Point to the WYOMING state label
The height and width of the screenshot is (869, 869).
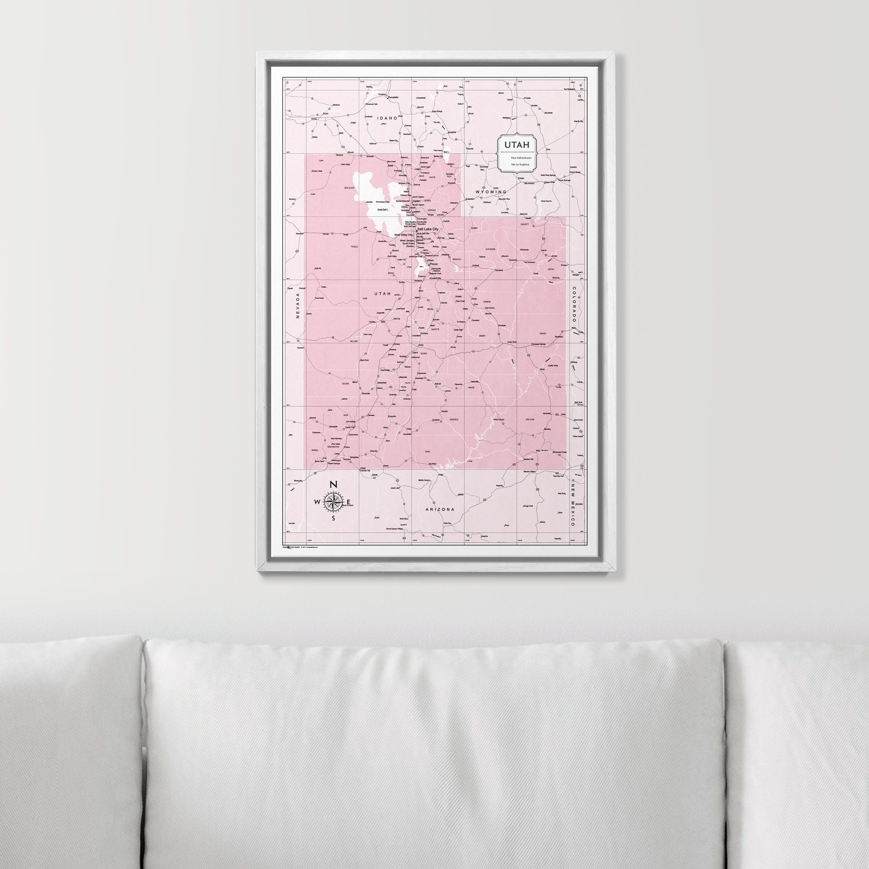coord(491,192)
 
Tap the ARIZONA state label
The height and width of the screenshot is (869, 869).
coord(440,509)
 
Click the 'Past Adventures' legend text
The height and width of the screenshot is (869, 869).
coord(521,158)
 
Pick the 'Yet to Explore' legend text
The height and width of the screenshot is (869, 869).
coord(520,165)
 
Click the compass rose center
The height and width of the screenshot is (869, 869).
coord(333,502)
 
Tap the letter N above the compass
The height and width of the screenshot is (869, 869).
coord(333,485)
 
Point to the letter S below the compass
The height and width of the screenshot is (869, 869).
coord(333,518)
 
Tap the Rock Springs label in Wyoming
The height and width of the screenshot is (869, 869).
coord(564,180)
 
